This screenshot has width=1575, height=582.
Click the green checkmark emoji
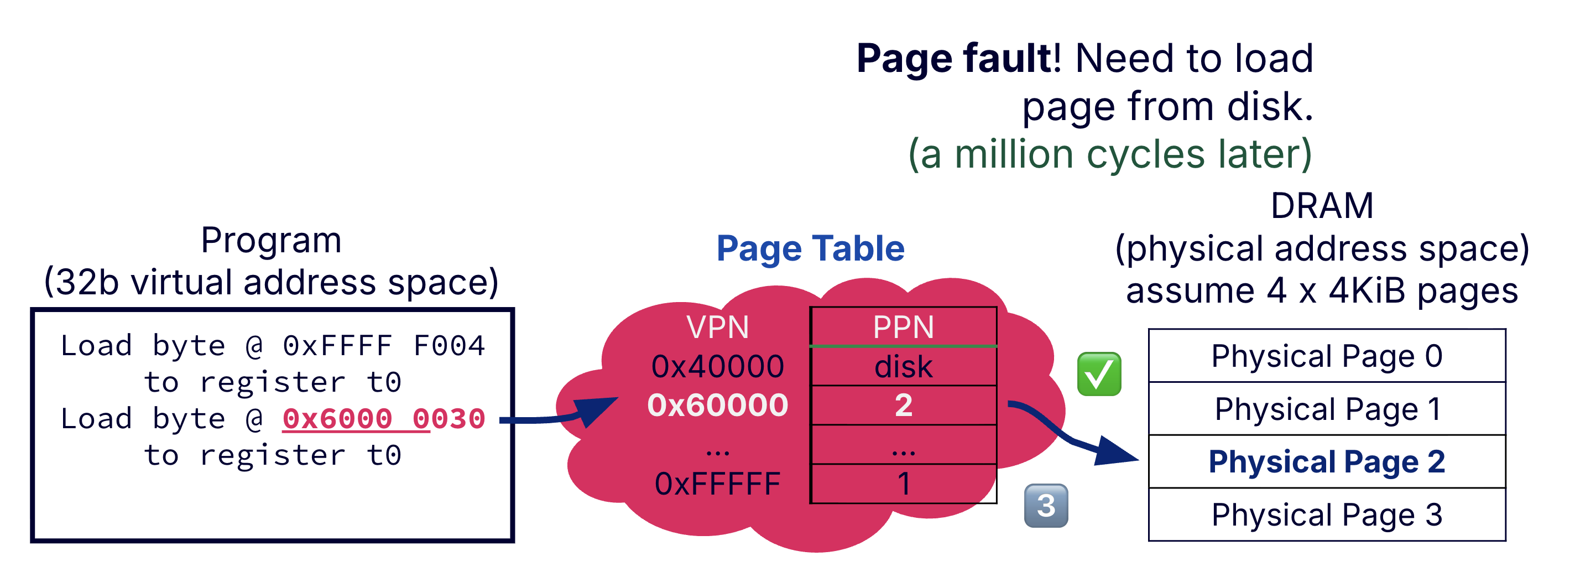1099,374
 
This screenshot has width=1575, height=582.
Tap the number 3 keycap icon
1046,506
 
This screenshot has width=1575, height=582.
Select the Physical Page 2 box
1326,461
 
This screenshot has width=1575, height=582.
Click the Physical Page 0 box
1326,356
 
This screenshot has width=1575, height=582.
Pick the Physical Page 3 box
1326,515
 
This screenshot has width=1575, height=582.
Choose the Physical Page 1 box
1326,409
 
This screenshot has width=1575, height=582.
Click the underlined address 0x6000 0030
383,419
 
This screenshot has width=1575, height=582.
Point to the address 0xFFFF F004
383,346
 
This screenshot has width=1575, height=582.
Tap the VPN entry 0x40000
717,367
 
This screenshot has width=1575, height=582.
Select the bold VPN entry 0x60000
717,406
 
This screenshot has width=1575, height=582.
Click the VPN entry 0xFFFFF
717,484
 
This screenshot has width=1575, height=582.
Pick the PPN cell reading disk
903,367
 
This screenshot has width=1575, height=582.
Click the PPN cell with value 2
903,406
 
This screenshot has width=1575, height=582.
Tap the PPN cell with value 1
903,484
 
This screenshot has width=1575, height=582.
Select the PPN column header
903,327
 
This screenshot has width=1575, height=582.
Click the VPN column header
717,327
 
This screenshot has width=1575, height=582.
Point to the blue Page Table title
810,249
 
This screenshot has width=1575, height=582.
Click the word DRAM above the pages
1321,205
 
